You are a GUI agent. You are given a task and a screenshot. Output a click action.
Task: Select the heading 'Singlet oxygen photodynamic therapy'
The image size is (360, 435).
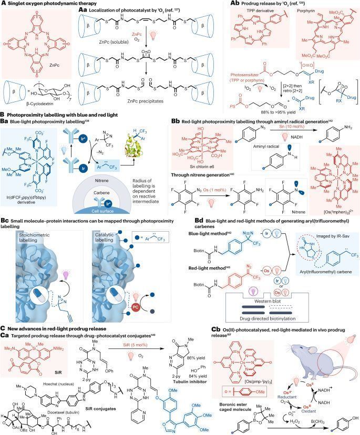pos(44,4)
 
